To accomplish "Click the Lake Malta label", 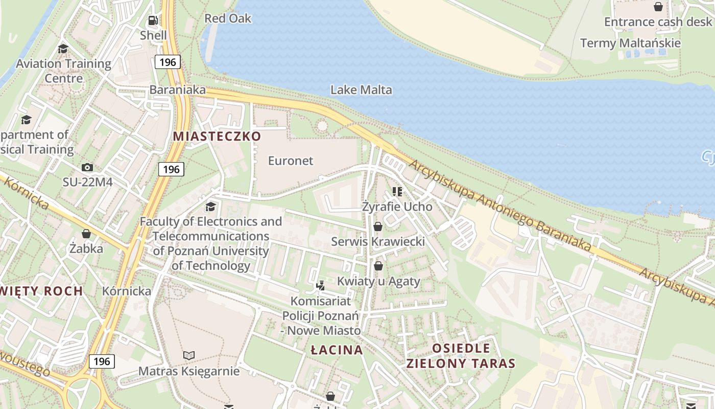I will point(361,90).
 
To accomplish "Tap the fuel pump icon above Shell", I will point(153,20).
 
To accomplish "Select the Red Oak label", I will point(228,18).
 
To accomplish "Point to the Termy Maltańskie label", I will point(630,43).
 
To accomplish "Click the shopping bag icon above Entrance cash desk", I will point(658,7).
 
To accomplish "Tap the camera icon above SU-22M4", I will point(87,167).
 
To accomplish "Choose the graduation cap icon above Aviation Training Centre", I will point(63,49).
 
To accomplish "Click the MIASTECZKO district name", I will point(217,137).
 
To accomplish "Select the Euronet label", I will point(291,161).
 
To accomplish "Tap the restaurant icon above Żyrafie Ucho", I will point(397,192).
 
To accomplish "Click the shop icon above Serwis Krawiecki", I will point(378,226).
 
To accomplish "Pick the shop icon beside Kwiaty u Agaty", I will point(378,266).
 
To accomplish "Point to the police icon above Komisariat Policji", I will point(321,285).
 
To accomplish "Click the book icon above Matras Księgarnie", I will point(189,355).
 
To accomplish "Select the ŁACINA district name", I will point(337,350).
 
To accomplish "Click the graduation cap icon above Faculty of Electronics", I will point(210,207).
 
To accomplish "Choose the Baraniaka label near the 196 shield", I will point(177,90).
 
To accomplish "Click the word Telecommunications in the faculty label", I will point(210,236).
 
